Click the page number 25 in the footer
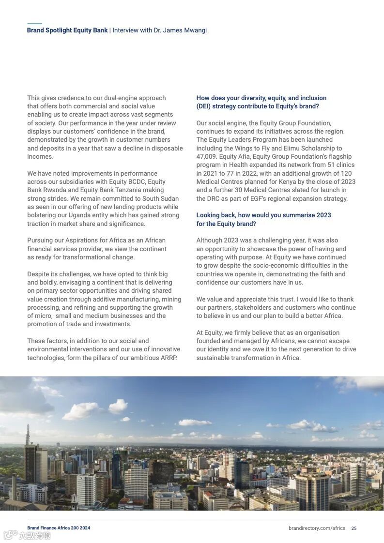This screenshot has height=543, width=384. pyautogui.click(x=354, y=528)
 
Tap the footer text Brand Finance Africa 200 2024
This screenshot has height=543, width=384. pyautogui.click(x=59, y=528)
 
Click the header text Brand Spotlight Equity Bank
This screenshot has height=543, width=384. pyautogui.click(x=67, y=30)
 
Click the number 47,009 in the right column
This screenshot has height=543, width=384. pyautogui.click(x=208, y=157)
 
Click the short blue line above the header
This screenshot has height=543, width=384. pyautogui.click(x=34, y=23)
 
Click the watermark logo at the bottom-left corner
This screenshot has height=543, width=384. pyautogui.click(x=27, y=535)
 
